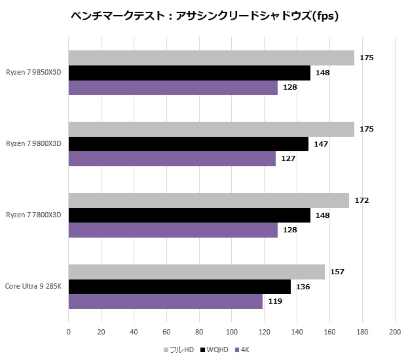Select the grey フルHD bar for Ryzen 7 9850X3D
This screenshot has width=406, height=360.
pyautogui.click(x=211, y=58)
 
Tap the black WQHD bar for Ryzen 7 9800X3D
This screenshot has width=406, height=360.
pyautogui.click(x=188, y=144)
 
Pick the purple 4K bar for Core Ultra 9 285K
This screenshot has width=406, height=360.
pyautogui.click(x=165, y=301)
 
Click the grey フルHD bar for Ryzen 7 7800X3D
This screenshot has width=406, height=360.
pyautogui.click(x=208, y=200)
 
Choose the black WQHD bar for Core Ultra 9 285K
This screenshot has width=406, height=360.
pyautogui.click(x=179, y=287)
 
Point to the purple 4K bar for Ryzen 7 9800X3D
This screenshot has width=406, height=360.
pyautogui.click(x=172, y=158)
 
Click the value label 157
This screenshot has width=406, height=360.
pyautogui.click(x=337, y=272)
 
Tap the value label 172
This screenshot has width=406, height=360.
pyautogui.click(x=361, y=200)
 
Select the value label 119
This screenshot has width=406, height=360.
pyautogui.click(x=275, y=301)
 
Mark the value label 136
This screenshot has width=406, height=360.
pyautogui.click(x=303, y=287)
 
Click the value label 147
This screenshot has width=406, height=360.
pyautogui.click(x=320, y=144)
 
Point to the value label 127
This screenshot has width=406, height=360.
pyautogui.click(x=288, y=158)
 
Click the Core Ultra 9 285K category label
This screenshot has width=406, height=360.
pyautogui.click(x=33, y=286)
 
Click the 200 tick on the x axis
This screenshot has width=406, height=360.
pyautogui.click(x=394, y=333)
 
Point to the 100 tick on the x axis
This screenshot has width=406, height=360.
pyautogui.click(x=231, y=333)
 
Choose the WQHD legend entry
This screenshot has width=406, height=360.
pyautogui.click(x=214, y=350)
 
